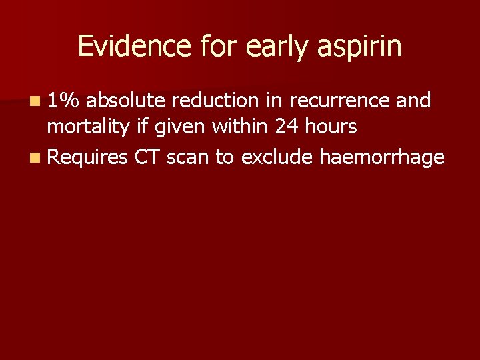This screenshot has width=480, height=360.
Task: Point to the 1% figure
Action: (65, 101)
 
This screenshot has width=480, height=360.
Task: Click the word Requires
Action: (88, 158)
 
